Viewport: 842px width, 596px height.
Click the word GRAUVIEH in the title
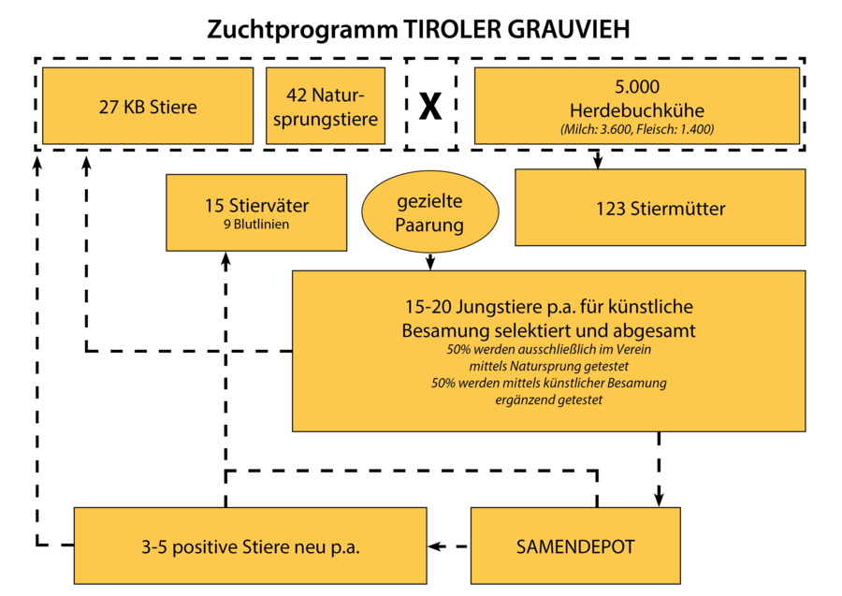[x=569, y=30]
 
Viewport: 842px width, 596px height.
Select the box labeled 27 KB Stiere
[x=148, y=106]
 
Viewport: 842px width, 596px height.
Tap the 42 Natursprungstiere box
[x=326, y=106]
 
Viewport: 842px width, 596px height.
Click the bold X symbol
[x=430, y=106]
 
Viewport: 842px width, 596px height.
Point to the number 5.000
[x=637, y=86]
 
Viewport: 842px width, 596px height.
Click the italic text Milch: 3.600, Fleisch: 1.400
[x=637, y=129]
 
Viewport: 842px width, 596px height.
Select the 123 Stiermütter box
[x=660, y=208]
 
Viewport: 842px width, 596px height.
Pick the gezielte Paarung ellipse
[x=430, y=212]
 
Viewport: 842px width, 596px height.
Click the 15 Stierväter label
[x=256, y=206]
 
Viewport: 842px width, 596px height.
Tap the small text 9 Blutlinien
[x=256, y=225]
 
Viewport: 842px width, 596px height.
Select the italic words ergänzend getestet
[x=549, y=400]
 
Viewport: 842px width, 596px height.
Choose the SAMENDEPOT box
[x=575, y=545]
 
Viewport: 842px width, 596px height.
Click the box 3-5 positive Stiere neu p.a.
[x=250, y=545]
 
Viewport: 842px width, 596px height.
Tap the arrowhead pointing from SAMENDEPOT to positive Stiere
[x=436, y=546]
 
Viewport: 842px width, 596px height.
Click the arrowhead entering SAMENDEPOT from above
[x=659, y=499]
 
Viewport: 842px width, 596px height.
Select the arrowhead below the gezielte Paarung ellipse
[x=430, y=263]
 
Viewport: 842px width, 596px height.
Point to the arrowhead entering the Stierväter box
[x=226, y=259]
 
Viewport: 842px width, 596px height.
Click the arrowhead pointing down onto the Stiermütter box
[x=598, y=162]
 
